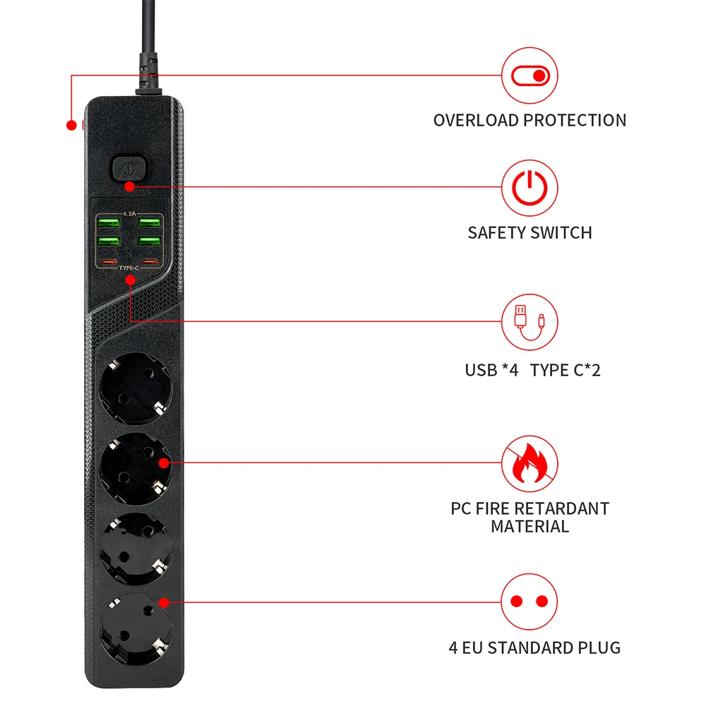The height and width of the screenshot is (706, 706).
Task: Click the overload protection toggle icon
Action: (x=529, y=76)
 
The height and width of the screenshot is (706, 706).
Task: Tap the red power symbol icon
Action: (x=529, y=188)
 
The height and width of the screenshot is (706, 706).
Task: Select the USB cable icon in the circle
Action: (x=529, y=323)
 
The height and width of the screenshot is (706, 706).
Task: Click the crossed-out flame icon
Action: (x=529, y=463)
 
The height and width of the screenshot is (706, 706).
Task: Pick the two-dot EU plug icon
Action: (x=529, y=602)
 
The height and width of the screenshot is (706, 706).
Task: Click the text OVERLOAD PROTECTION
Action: (x=529, y=121)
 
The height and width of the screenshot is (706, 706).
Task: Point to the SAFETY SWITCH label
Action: (x=529, y=232)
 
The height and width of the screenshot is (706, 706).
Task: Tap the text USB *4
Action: (x=491, y=369)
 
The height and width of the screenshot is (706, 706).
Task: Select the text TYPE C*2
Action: (x=565, y=369)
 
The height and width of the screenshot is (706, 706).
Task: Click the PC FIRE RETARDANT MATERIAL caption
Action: (x=529, y=517)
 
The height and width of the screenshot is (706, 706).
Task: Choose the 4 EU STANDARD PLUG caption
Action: (x=534, y=647)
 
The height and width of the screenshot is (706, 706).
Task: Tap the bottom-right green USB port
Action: (x=149, y=241)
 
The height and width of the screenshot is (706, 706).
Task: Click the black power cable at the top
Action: (x=148, y=42)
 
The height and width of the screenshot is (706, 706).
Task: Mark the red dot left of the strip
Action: (x=71, y=126)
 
